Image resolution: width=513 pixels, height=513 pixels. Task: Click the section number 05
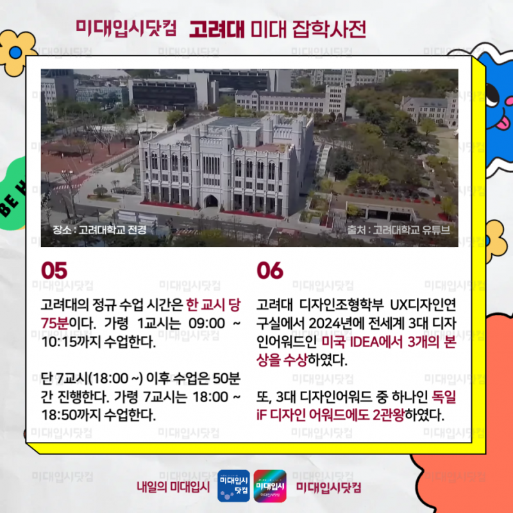click(x=54, y=271)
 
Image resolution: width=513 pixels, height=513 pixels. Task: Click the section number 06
click(x=270, y=271)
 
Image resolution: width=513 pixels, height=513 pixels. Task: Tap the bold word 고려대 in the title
click(x=217, y=29)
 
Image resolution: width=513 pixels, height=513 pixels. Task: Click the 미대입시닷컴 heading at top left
click(x=126, y=28)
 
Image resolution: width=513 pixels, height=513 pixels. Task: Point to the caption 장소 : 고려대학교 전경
click(x=99, y=230)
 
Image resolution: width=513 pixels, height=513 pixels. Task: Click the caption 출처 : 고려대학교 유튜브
click(x=398, y=230)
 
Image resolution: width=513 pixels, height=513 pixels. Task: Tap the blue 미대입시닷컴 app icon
click(x=233, y=486)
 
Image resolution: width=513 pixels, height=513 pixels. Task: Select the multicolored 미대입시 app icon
click(x=270, y=486)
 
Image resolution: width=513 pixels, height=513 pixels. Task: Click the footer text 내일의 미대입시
click(x=173, y=487)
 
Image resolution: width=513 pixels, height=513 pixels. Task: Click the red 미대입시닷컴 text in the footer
click(x=329, y=487)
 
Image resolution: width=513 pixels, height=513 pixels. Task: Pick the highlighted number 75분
click(x=55, y=324)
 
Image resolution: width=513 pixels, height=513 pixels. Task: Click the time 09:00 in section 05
click(x=206, y=324)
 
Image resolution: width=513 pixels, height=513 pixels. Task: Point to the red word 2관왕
click(x=389, y=415)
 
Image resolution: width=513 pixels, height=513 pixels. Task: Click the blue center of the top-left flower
click(x=15, y=53)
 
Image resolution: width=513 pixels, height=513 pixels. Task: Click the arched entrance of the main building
click(x=211, y=201)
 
